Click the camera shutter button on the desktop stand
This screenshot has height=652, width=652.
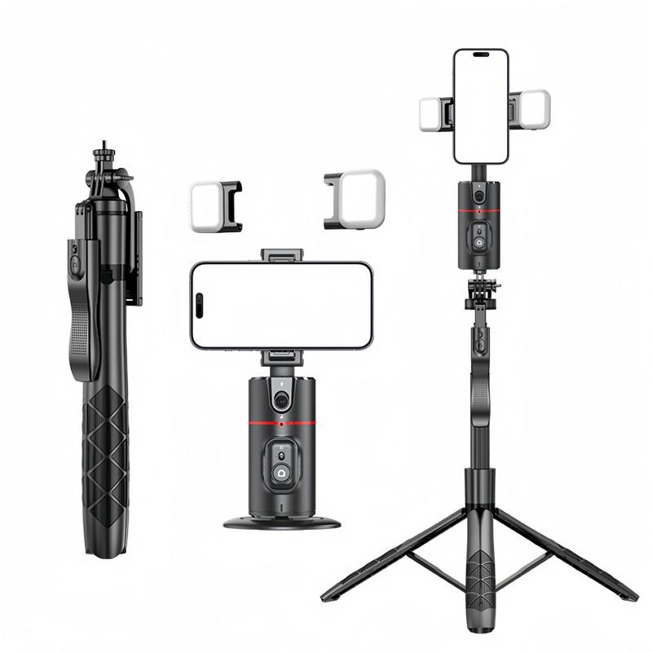tap(281, 472)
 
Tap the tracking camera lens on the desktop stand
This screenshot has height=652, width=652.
tap(281, 400)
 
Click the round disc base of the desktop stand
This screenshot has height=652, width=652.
tap(281, 522)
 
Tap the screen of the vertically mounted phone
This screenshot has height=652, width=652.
tap(481, 110)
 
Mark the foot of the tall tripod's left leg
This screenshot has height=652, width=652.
tap(328, 596)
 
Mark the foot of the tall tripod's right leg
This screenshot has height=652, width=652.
tap(630, 596)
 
